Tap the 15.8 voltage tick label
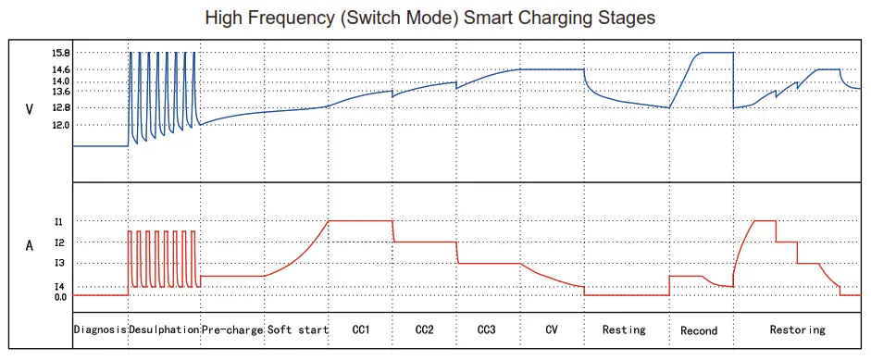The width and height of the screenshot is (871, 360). (x=61, y=54)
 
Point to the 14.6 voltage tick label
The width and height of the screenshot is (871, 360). (x=61, y=69)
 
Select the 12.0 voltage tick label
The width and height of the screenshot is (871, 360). (x=61, y=124)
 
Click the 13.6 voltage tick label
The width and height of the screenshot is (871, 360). (x=61, y=92)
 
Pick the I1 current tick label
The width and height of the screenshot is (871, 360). (x=59, y=221)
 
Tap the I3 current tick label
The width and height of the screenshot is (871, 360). (x=59, y=264)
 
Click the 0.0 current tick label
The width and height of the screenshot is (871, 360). (x=60, y=296)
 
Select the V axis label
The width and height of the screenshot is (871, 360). (x=30, y=109)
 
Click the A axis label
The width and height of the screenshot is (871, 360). (x=30, y=246)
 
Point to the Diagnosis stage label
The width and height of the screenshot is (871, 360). (x=100, y=329)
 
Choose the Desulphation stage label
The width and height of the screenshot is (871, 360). (x=164, y=329)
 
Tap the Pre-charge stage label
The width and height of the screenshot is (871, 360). (x=231, y=329)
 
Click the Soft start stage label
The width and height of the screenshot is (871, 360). (x=298, y=329)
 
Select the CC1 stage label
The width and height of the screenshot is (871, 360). (x=361, y=329)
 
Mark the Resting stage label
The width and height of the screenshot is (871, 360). (x=624, y=329)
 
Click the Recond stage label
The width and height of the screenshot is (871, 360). (x=699, y=330)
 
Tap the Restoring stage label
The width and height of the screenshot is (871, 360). (x=797, y=329)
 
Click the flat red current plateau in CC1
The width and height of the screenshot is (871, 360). (x=361, y=220)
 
